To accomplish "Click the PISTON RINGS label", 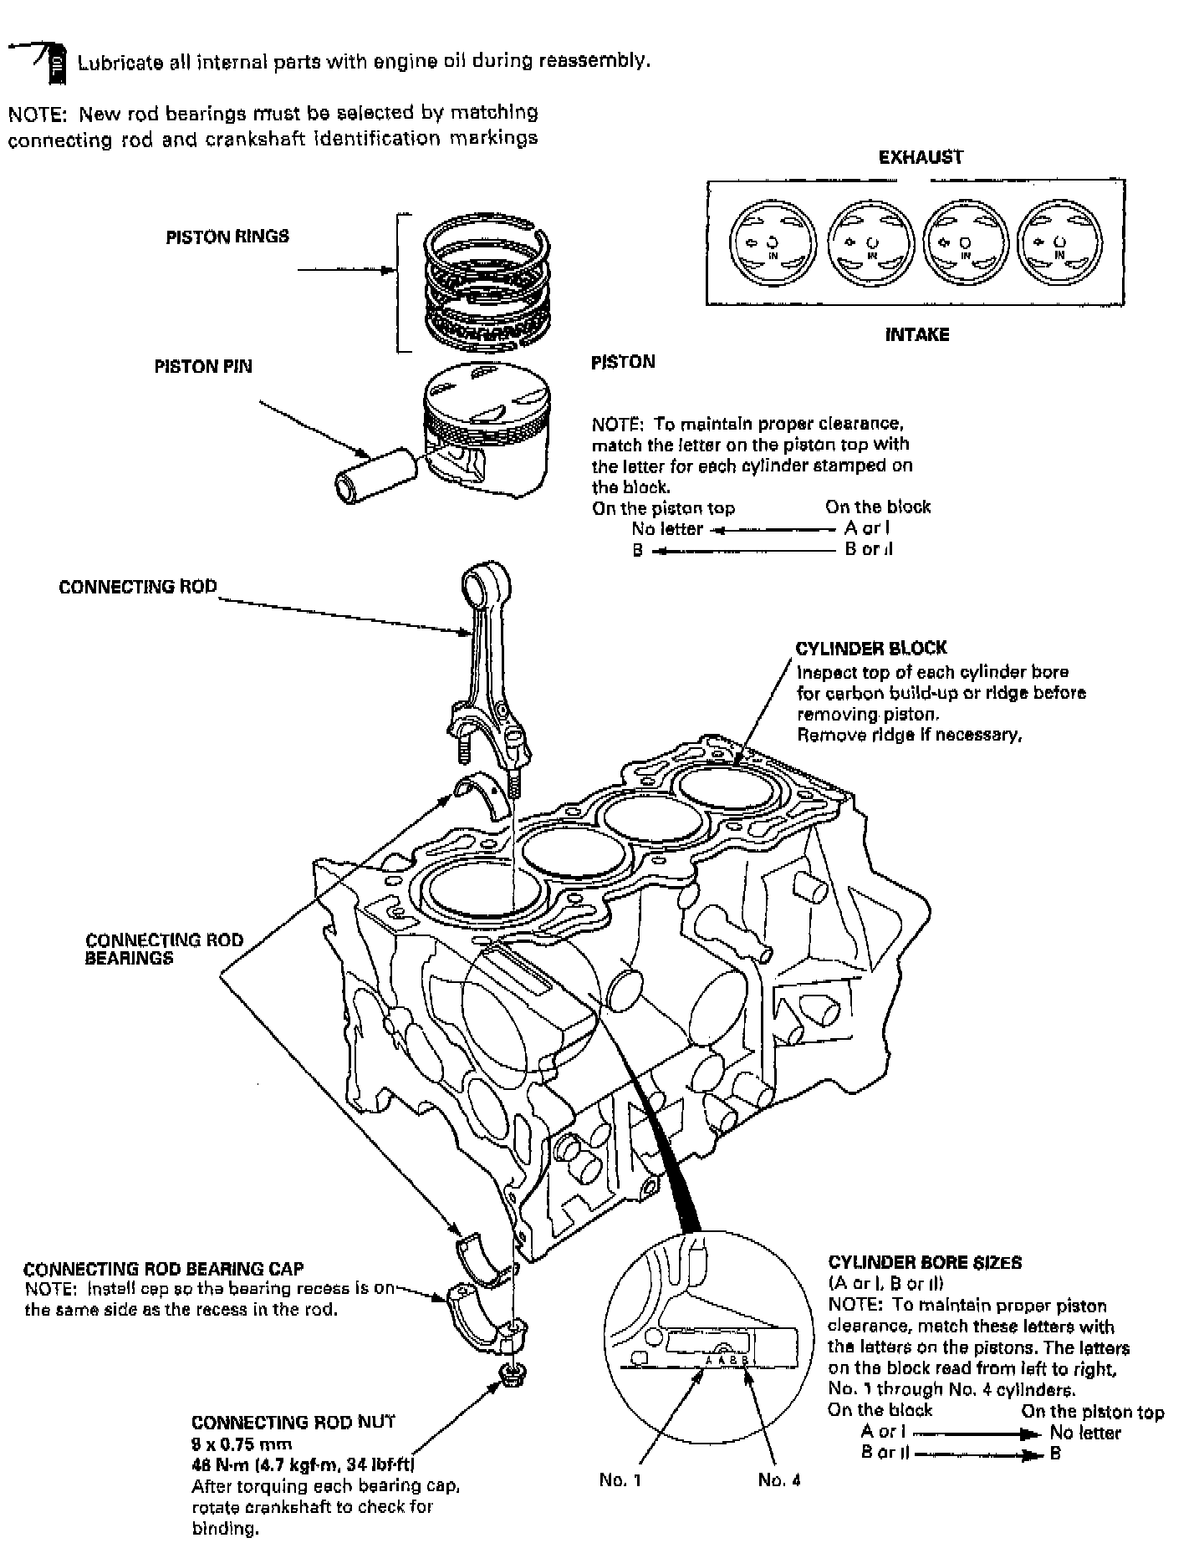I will (227, 237).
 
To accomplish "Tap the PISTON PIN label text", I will (203, 366).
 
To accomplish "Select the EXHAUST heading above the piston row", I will (921, 157).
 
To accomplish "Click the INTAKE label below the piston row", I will (917, 335).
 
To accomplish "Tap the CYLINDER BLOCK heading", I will (870, 648).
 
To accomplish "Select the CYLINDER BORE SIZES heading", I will (925, 1263).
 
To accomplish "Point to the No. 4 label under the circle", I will (779, 1479).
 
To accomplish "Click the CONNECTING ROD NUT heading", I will (293, 1422).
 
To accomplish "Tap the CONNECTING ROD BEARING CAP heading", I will (164, 1269).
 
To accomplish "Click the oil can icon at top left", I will (54, 64).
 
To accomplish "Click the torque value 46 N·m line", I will (304, 1464).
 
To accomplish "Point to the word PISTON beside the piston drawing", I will (623, 362).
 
